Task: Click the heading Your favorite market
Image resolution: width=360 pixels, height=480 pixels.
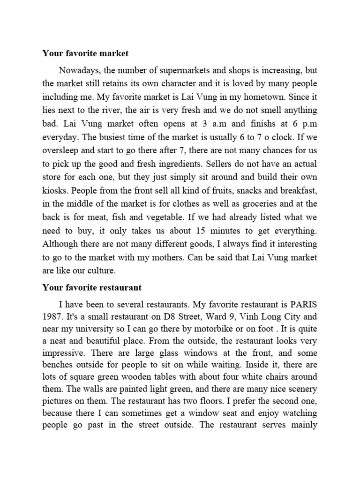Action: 85,53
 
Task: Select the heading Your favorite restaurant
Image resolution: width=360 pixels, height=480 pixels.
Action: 92,286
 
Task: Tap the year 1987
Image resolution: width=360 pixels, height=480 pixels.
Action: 53,316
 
